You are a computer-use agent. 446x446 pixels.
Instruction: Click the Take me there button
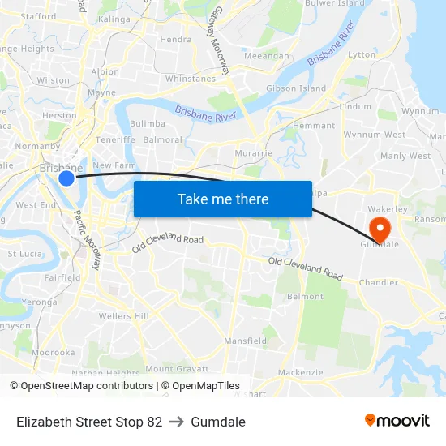[x=223, y=199]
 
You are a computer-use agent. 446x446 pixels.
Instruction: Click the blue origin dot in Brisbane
[x=66, y=178]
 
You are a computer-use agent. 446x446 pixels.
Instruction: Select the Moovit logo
[x=397, y=420]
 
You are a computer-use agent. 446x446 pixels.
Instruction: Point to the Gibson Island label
[x=296, y=88]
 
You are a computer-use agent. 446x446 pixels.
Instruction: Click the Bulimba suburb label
[x=148, y=124]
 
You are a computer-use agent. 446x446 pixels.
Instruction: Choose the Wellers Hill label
[x=124, y=315]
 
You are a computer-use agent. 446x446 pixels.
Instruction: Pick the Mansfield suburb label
[x=245, y=341]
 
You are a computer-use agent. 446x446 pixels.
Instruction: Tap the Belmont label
[x=306, y=297]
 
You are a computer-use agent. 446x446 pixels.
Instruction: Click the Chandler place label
[x=379, y=283]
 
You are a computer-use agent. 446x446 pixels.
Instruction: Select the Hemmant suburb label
[x=313, y=126]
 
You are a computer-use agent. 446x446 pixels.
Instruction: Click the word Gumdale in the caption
[x=218, y=422]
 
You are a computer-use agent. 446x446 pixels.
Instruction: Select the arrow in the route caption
[x=176, y=422]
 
